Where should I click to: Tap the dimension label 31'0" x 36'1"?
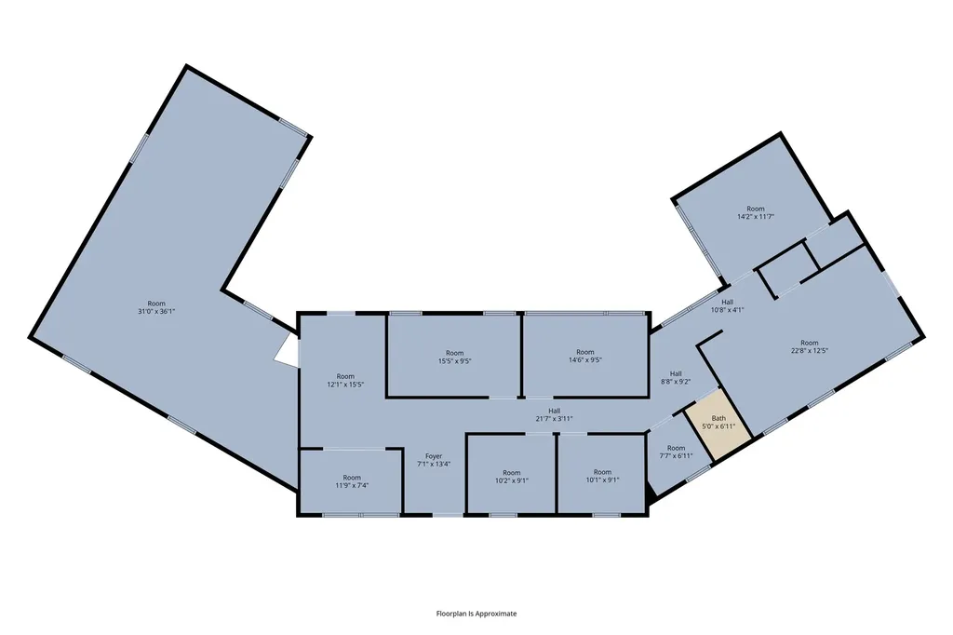[x=156, y=311]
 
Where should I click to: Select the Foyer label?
[x=434, y=456]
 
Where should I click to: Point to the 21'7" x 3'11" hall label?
[x=554, y=418]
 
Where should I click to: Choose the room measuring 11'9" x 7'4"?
[x=351, y=481]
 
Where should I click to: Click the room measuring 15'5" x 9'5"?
[x=454, y=357]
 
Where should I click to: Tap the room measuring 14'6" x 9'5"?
[x=584, y=356]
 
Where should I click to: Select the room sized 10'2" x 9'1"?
[x=511, y=477]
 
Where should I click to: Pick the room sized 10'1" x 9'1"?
[x=602, y=476]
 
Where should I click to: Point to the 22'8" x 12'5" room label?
[x=809, y=350]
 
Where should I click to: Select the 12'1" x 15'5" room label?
[x=345, y=385]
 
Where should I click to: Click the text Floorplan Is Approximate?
[x=476, y=614]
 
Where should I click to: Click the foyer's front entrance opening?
[x=448, y=515]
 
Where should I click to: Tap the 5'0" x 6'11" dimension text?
[x=719, y=426]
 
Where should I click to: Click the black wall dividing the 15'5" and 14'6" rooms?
[x=521, y=356]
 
